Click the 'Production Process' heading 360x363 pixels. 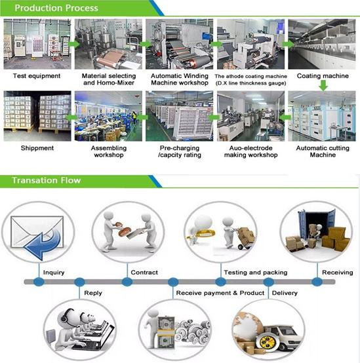click(56, 8)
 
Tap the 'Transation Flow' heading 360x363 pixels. click(47, 180)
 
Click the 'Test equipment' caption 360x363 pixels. click(37, 76)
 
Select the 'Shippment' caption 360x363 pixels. click(37, 148)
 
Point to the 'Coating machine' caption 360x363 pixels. click(323, 76)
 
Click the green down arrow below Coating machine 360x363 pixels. click(323, 85)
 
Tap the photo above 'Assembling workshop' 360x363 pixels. click(108, 116)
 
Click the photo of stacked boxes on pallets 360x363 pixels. click(37, 116)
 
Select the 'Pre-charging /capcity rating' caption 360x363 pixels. click(180, 151)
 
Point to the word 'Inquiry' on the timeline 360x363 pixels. click(54, 273)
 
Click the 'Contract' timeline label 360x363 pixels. click(144, 273)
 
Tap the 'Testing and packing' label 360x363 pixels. click(256, 273)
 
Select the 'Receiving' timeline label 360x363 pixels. click(338, 273)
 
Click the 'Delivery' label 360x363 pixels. click(285, 293)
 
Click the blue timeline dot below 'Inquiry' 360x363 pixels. click(39, 282)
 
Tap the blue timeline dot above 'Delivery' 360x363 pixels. click(268, 282)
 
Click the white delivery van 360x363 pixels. click(282, 335)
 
